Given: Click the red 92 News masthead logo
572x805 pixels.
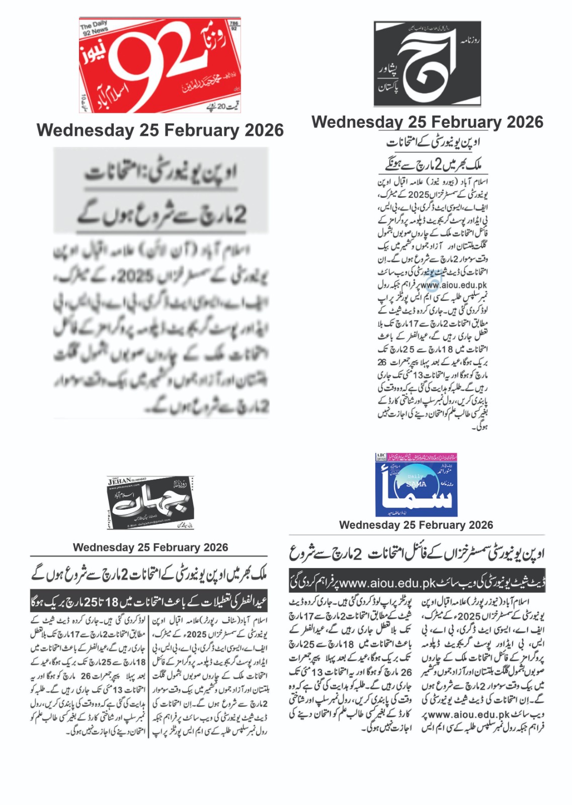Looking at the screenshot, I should pos(159,65).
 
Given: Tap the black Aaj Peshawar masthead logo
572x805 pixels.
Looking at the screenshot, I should pos(427,63).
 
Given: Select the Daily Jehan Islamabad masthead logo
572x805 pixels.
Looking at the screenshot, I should pos(150,503).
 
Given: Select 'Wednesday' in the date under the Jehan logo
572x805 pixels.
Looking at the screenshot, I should pos(104,547).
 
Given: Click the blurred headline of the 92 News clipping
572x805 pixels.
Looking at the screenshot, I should pos(161,194).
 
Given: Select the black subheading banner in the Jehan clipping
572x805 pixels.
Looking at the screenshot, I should pos(149,601).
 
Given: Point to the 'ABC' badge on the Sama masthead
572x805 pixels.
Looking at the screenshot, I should pos(381,456).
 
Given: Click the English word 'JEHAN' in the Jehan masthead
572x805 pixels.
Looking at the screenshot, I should pos(119,481).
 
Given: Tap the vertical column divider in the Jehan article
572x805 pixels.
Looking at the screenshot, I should pos(149,676).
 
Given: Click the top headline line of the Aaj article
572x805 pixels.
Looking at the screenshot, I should pos(434,143).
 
